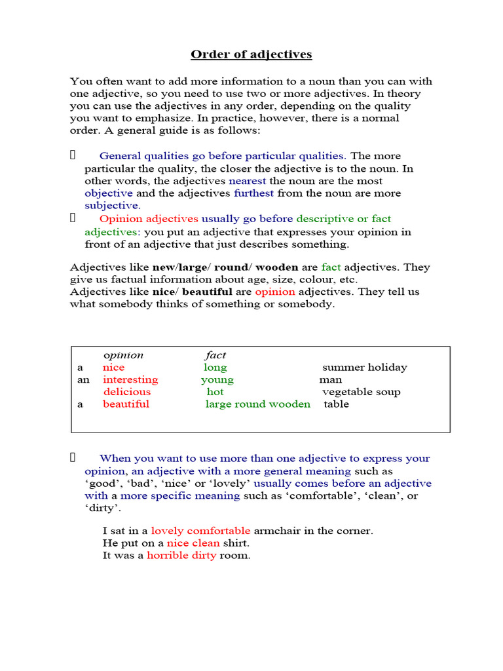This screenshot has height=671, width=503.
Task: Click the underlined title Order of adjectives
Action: tap(251, 54)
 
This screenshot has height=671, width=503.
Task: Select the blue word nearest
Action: tap(248, 181)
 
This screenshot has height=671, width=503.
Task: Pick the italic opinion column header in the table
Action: tap(123, 355)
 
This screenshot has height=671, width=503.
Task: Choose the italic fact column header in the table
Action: tap(215, 355)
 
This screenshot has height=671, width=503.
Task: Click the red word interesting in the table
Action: tap(130, 380)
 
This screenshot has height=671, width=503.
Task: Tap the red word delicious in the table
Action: tap(126, 392)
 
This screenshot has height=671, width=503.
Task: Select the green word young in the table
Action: tap(217, 380)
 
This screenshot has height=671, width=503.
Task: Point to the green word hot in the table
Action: tap(215, 392)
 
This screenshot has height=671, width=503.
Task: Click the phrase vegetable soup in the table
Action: tap(361, 392)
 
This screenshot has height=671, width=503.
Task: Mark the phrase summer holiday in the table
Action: tap(364, 368)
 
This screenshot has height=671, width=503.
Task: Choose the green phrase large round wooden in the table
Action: tap(258, 404)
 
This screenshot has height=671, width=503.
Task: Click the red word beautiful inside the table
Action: tap(126, 404)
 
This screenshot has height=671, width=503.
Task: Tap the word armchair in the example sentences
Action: tap(276, 531)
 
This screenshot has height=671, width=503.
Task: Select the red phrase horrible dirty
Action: tap(181, 556)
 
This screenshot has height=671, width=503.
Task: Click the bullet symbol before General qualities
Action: tap(73, 155)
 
